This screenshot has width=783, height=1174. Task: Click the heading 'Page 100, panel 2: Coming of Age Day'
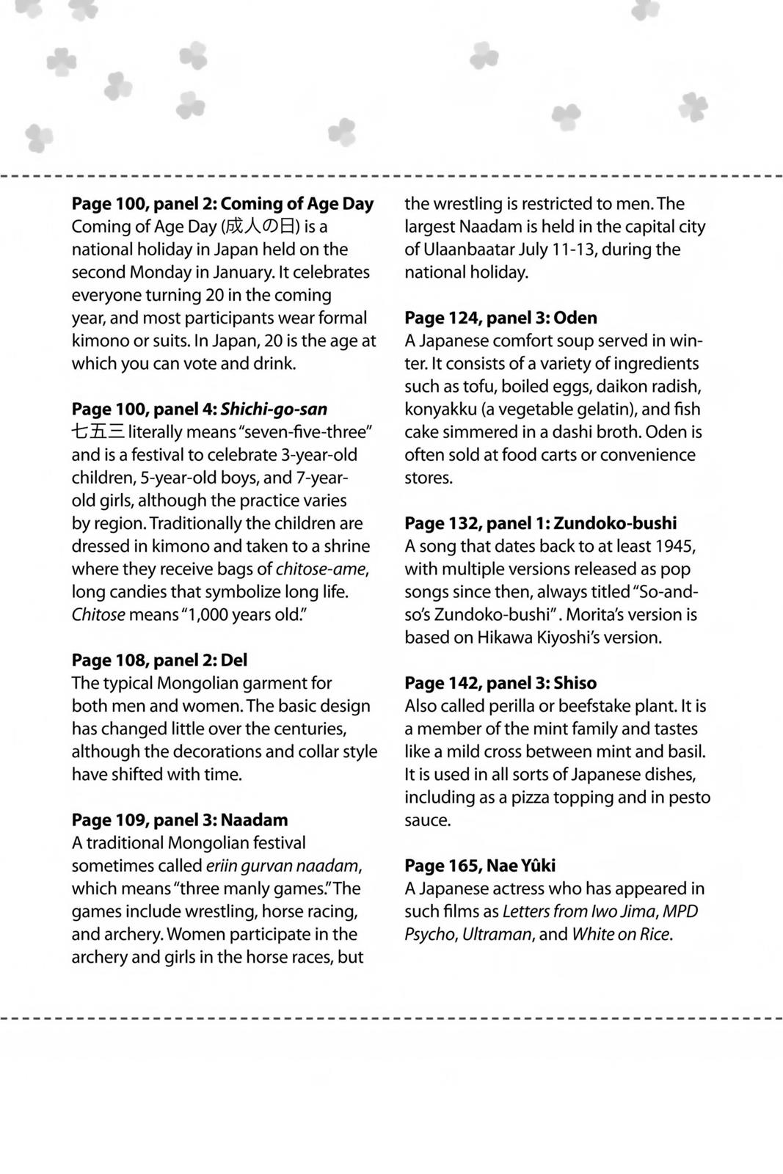[222, 204]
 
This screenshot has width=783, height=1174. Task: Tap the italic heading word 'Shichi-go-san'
[274, 409]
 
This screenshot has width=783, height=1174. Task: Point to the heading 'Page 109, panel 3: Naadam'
[179, 820]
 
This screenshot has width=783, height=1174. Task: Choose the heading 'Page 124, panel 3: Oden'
[500, 318]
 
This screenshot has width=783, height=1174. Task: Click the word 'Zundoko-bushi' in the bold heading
[615, 523]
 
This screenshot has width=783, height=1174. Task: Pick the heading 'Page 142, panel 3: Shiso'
[500, 683]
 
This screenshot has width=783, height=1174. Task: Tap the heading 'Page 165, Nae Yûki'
[480, 866]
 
